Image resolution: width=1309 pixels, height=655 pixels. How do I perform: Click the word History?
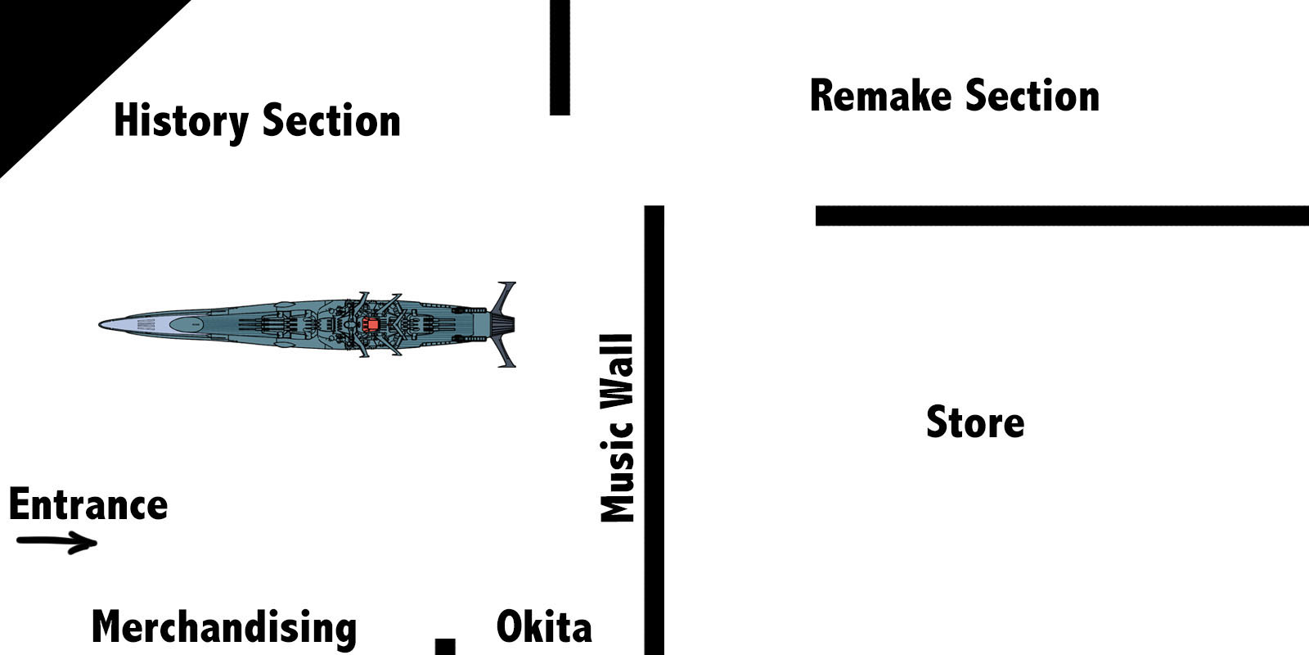coord(181,121)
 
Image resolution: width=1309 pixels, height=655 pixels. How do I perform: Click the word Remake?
coord(880,96)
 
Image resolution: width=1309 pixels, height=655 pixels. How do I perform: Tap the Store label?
coord(974,422)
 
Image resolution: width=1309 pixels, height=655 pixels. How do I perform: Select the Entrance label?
coord(88,504)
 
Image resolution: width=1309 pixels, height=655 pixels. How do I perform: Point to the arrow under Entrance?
coord(57,542)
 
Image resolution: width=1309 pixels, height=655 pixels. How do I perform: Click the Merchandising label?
coord(224,628)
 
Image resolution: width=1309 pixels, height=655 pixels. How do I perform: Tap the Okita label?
coord(544,627)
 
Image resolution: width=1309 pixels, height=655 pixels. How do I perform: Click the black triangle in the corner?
coord(57,57)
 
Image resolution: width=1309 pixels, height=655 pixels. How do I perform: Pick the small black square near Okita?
coord(445,647)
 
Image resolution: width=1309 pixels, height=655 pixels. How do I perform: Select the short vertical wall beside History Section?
coord(560,57)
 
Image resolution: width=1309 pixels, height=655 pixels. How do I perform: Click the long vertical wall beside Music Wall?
coord(654,430)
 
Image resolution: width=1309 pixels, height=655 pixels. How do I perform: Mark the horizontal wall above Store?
coord(1062,216)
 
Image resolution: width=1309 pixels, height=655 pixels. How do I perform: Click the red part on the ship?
coord(372,325)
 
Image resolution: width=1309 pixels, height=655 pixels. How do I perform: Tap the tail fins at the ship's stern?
coord(505,325)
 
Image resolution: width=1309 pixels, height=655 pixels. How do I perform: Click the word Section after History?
coord(331,121)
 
